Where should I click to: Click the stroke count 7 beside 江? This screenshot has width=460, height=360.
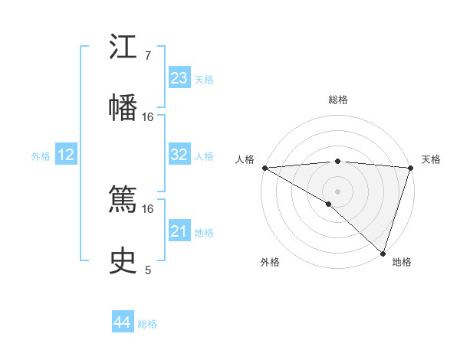point(148,56)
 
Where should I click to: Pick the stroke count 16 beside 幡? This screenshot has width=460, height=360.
point(148,116)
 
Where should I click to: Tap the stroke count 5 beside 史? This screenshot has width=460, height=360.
point(148,270)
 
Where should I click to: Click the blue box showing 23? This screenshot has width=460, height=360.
point(179,78)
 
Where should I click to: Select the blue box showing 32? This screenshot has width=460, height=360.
point(179,155)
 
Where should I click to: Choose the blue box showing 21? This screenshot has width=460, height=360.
point(179,231)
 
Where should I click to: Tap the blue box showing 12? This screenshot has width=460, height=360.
point(66,155)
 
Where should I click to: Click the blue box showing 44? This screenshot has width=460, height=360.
point(123,322)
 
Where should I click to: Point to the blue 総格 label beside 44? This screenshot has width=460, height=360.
point(147,324)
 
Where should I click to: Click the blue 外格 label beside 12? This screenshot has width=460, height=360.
point(41,156)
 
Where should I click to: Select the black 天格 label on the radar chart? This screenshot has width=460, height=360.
point(431,159)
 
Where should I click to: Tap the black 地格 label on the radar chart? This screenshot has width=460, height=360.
point(402,262)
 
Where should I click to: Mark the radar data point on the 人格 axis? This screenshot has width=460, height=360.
point(264,168)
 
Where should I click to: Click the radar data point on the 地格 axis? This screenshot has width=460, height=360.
point(383,253)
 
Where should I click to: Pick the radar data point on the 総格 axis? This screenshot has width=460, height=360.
point(337,161)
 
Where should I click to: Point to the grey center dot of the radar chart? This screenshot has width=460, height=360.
point(337,191)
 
